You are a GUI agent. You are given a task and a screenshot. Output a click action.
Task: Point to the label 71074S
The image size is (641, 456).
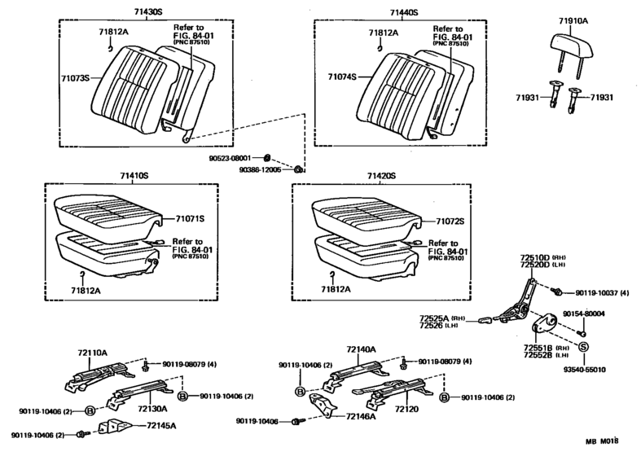342,78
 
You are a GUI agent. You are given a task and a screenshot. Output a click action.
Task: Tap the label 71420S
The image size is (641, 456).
380,176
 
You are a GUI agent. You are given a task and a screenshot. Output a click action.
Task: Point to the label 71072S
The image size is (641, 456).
450,221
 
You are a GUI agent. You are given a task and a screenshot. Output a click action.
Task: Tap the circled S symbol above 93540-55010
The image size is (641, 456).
583,346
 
